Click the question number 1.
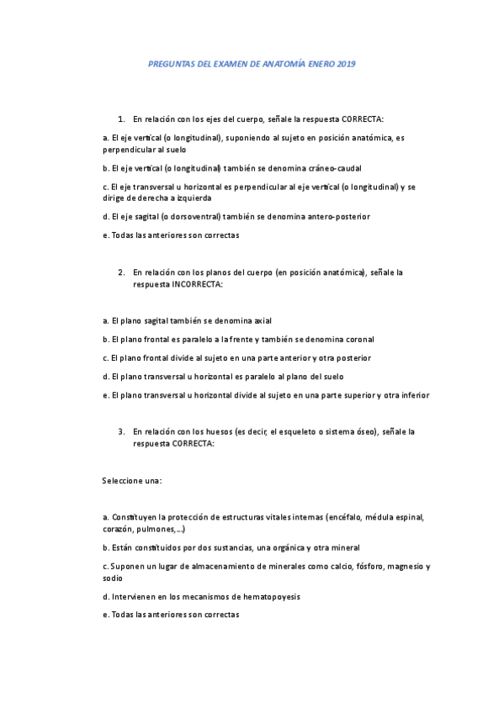121,119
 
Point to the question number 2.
121,272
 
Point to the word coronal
360,339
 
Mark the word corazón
118,530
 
